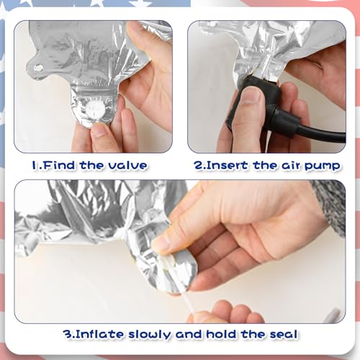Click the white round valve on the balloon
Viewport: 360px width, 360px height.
(x=95, y=110)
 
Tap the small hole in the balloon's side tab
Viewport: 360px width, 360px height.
(x=38, y=68)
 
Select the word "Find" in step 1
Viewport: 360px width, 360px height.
(x=59, y=166)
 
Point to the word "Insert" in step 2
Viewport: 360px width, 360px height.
(x=227, y=166)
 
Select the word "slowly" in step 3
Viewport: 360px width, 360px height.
(x=149, y=335)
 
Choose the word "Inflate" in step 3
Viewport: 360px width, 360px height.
(x=100, y=334)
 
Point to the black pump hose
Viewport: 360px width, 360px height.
(x=319, y=131)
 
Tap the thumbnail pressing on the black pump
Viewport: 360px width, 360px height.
(x=251, y=95)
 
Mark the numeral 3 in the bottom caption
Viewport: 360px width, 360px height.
(x=67, y=334)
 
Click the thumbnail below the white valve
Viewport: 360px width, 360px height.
(x=99, y=130)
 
